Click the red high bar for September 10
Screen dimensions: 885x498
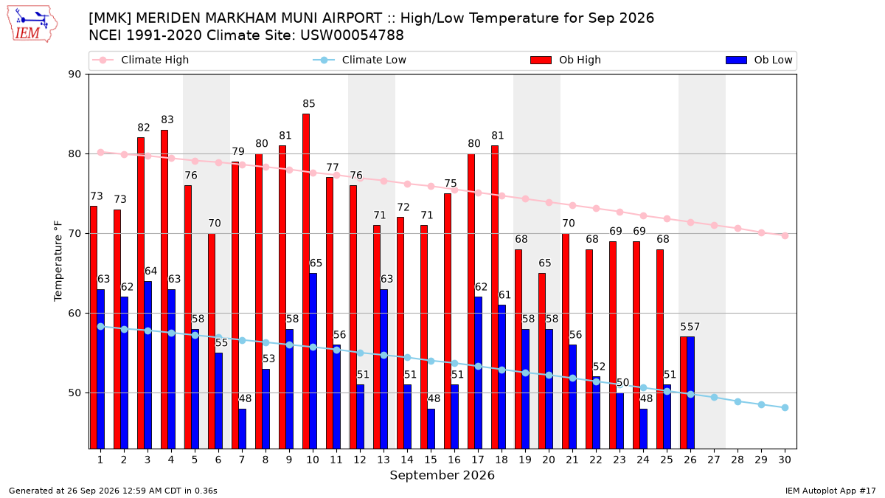pyautogui.click(x=306, y=281)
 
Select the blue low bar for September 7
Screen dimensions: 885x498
pyautogui.click(x=242, y=429)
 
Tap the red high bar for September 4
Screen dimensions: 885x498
pyautogui.click(x=164, y=289)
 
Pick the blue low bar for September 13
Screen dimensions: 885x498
pyautogui.click(x=383, y=369)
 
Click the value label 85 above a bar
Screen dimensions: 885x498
pyautogui.click(x=309, y=103)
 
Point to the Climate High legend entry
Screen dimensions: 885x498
pyautogui.click(x=141, y=60)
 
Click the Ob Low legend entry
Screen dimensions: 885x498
pyautogui.click(x=759, y=60)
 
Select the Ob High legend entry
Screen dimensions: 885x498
pyautogui.click(x=566, y=60)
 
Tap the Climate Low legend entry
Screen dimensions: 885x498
pyautogui.click(x=360, y=60)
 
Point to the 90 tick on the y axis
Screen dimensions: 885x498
pyautogui.click(x=74, y=75)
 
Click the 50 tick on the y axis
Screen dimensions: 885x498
pyautogui.click(x=74, y=392)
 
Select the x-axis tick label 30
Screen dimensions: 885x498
pyautogui.click(x=785, y=460)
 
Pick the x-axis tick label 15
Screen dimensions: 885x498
pyautogui.click(x=431, y=460)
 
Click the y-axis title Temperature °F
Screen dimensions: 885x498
pyautogui.click(x=58, y=261)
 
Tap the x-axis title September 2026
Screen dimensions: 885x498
pyautogui.click(x=442, y=475)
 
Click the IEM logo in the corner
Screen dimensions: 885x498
pyautogui.click(x=32, y=24)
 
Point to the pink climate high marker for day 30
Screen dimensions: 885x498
pyautogui.click(x=785, y=236)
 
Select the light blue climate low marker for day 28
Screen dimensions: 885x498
pyautogui.click(x=737, y=401)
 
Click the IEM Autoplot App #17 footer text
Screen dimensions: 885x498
pyautogui.click(x=830, y=491)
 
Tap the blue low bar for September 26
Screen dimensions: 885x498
pyautogui.click(x=690, y=392)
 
